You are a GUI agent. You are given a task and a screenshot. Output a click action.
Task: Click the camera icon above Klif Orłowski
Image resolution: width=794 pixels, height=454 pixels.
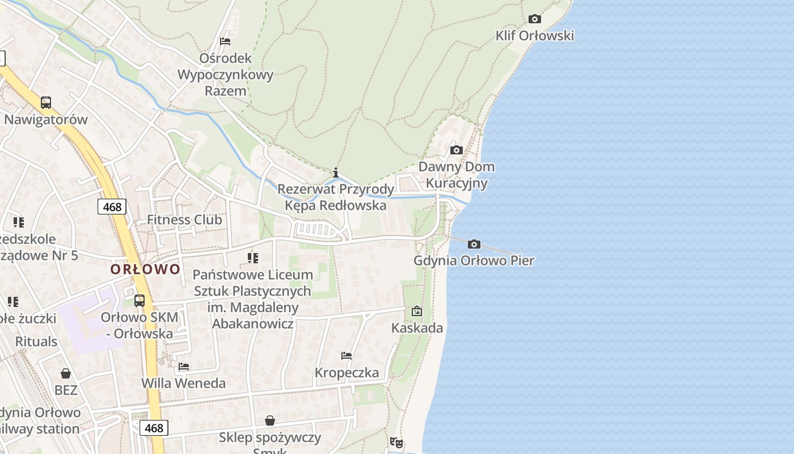534,19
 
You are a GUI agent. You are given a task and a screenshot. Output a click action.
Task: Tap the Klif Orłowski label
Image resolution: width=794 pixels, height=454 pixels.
534,36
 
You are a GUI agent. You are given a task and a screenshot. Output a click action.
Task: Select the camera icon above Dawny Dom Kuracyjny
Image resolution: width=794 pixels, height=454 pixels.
456,150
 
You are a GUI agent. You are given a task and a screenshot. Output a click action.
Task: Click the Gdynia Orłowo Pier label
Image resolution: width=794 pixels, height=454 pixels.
474,261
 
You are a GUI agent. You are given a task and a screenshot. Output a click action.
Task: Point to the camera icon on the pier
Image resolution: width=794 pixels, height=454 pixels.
474,245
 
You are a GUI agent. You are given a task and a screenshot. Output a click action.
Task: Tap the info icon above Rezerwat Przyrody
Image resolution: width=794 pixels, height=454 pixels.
336,173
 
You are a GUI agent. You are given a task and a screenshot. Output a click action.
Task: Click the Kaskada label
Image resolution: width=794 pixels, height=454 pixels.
417,328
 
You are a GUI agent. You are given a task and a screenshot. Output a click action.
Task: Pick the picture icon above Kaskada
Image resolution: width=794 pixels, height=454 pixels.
417,311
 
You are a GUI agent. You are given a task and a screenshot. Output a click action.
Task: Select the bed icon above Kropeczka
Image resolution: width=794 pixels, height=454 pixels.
347,356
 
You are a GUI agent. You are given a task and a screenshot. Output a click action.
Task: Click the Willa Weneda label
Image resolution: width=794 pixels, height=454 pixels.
183,383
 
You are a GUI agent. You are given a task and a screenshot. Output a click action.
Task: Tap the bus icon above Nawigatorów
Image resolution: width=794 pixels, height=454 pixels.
46,103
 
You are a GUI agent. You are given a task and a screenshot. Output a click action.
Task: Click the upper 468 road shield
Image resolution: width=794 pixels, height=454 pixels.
112,207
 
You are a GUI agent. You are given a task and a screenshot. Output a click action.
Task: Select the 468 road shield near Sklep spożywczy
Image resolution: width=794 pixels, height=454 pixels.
154,428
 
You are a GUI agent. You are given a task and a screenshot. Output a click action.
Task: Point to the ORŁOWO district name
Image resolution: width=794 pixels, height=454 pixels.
145,269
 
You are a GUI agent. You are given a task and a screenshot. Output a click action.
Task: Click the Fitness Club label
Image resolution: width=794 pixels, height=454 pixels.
184,220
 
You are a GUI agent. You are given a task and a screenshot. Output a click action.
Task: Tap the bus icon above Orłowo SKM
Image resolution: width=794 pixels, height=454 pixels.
140,301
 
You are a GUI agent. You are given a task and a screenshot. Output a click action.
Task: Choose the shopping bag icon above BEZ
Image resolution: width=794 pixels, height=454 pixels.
66,373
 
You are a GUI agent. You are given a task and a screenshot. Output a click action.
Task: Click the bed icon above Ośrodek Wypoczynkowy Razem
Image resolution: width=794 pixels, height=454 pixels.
225,41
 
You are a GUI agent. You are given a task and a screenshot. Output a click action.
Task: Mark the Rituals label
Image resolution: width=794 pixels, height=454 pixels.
36,342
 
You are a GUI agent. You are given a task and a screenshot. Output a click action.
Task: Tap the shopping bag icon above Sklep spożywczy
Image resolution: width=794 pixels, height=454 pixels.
270,421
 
